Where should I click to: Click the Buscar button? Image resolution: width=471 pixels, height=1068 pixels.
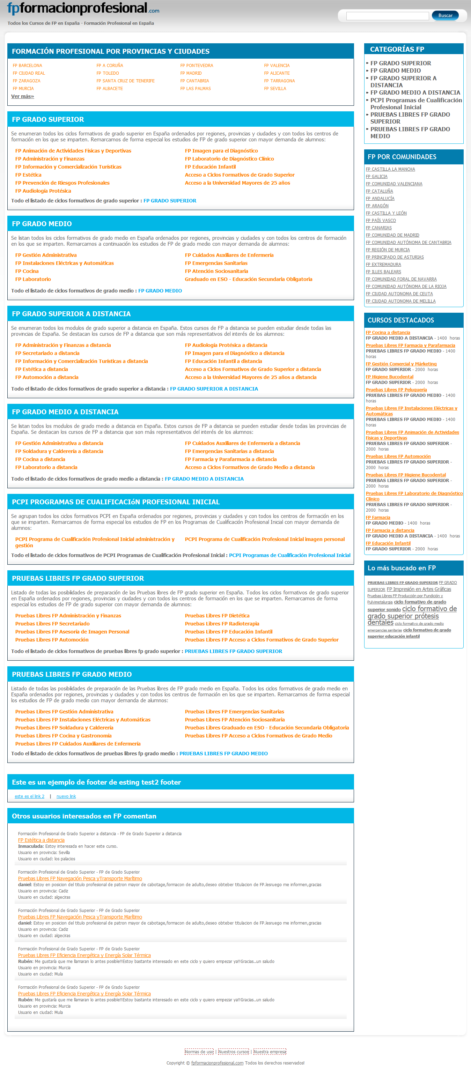tap(445, 16)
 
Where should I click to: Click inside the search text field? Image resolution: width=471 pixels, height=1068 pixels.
tap(387, 16)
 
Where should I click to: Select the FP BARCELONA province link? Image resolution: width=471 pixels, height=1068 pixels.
tap(27, 66)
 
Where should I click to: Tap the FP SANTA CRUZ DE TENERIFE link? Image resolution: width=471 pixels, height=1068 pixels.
tap(125, 81)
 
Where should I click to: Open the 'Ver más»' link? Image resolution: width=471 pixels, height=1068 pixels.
tap(22, 96)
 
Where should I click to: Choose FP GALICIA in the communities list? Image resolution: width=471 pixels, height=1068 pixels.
tap(376, 177)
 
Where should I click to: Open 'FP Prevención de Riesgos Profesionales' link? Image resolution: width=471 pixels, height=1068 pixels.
tap(62, 183)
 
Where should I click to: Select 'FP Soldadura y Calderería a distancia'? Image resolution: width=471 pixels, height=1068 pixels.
tap(59, 451)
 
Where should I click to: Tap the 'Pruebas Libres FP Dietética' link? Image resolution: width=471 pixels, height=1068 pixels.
tap(217, 616)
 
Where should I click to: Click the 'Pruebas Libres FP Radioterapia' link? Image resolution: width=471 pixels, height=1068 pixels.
tap(222, 624)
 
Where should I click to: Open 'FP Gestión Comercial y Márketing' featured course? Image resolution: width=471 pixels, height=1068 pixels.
tap(401, 364)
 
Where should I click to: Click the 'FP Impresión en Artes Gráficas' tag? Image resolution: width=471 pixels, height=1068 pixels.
tap(419, 589)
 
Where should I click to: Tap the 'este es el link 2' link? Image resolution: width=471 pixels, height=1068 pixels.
tap(29, 796)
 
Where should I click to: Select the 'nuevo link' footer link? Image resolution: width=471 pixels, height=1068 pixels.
tap(66, 796)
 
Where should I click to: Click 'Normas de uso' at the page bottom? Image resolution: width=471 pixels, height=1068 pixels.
tap(199, 1052)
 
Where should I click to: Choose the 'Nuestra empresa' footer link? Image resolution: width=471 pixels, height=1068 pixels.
tap(270, 1052)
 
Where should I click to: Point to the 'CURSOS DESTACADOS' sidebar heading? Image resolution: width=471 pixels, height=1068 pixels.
tap(400, 320)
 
